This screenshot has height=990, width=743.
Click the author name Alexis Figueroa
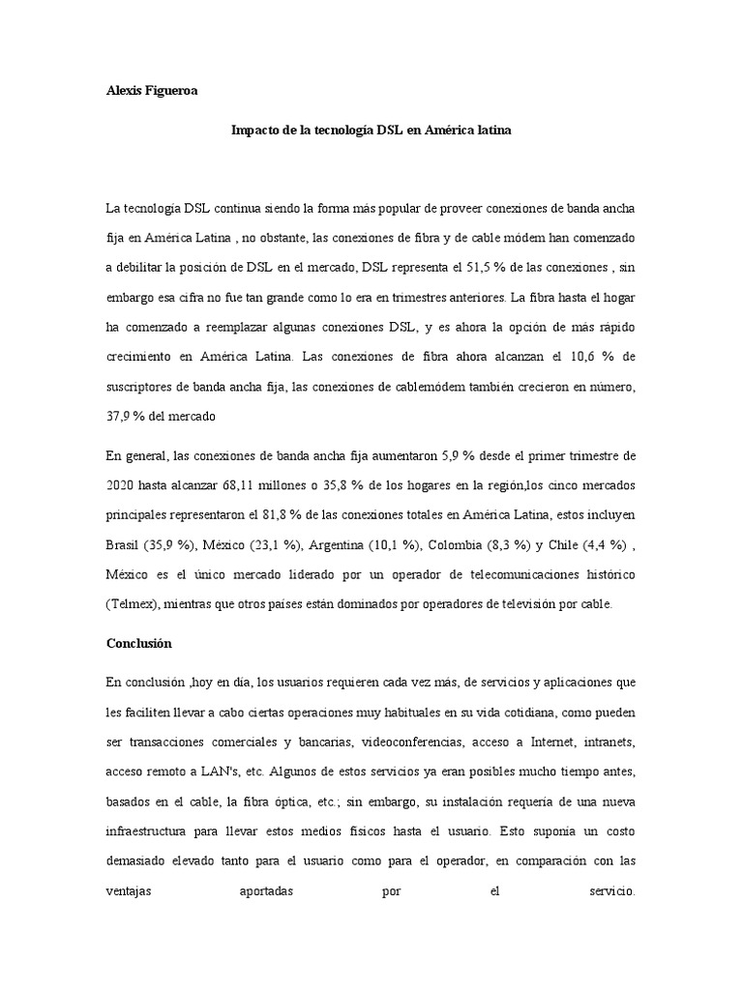pyautogui.click(x=151, y=91)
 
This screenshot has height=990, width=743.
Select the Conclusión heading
pyautogui.click(x=139, y=642)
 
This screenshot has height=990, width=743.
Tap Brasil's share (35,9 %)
pyautogui.click(x=169, y=544)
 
